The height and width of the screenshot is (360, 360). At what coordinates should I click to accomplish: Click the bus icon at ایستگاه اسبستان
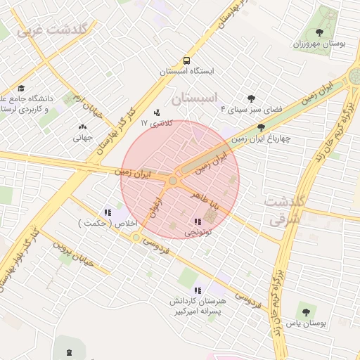(x=186, y=60)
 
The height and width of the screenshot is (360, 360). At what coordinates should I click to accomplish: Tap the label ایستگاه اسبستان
(x=186, y=72)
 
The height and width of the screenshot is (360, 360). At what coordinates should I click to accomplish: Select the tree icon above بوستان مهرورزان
(x=320, y=32)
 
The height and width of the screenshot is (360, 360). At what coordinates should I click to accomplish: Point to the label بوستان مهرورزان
(x=320, y=44)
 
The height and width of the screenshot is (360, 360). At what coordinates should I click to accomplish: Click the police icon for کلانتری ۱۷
(x=157, y=112)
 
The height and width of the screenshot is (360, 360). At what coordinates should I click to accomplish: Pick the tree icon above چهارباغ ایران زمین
(x=262, y=127)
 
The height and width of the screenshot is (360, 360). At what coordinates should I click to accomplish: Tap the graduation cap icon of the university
(x=21, y=89)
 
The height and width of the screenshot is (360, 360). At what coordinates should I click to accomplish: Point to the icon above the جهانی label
(x=83, y=127)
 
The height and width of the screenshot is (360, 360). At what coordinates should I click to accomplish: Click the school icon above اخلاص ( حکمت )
(x=108, y=212)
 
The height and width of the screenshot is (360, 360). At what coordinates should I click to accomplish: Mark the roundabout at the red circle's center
(x=173, y=181)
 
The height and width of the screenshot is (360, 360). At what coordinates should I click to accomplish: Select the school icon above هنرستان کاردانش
(x=198, y=290)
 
